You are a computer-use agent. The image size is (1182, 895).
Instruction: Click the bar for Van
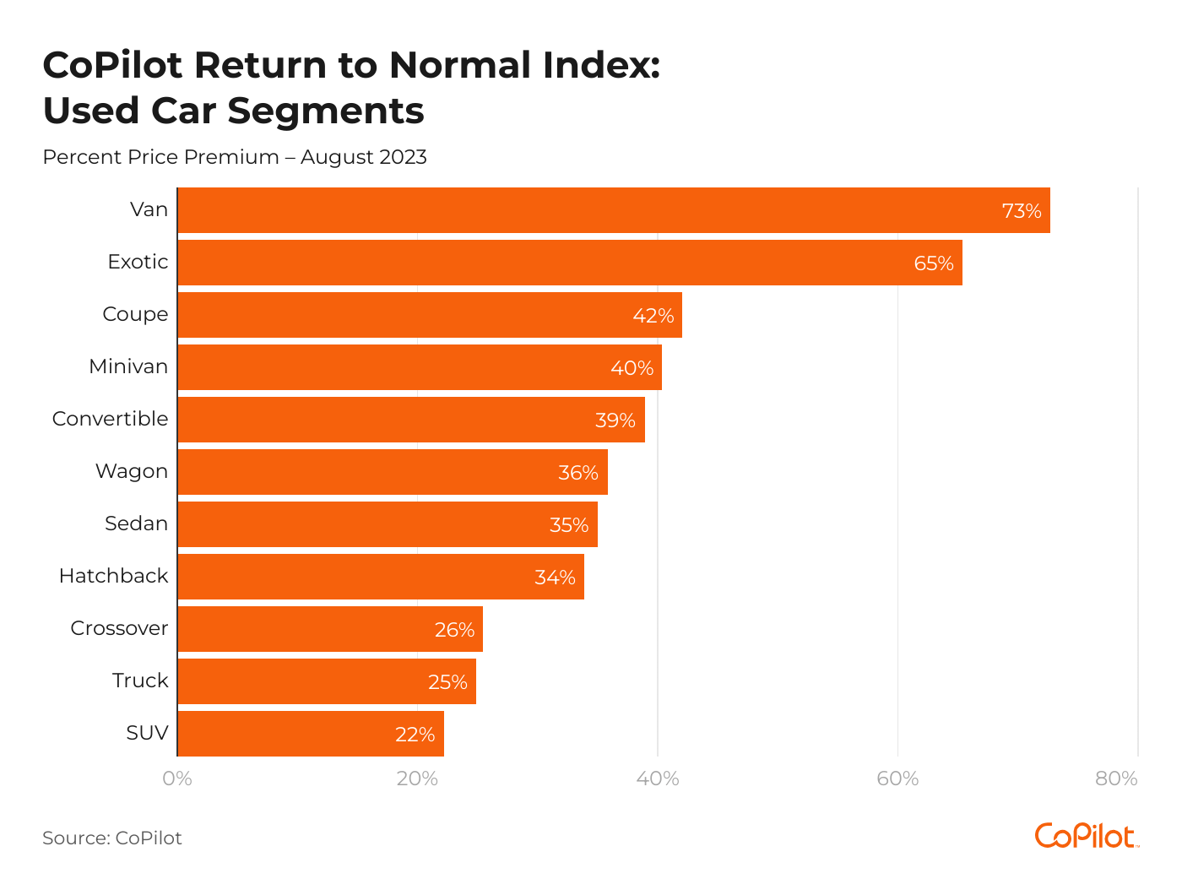click(x=591, y=210)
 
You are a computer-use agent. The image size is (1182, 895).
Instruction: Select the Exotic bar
click(x=549, y=263)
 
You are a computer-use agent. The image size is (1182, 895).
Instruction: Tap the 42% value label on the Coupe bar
click(x=653, y=316)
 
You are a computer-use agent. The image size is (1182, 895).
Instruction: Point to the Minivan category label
click(x=128, y=366)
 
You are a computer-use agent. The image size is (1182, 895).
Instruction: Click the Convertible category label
click(x=111, y=419)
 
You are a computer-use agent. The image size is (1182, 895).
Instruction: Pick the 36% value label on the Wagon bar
click(x=578, y=473)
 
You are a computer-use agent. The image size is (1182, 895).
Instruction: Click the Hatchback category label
click(x=114, y=576)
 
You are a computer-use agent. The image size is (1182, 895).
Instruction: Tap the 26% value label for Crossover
click(x=454, y=630)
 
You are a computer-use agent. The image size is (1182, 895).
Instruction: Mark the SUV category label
click(x=147, y=733)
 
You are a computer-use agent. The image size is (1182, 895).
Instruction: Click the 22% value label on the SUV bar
click(x=415, y=735)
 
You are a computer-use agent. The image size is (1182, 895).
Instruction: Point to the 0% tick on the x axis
click(x=177, y=778)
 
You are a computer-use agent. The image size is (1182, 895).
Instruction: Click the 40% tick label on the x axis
click(x=658, y=778)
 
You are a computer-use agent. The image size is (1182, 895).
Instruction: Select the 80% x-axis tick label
click(x=1116, y=778)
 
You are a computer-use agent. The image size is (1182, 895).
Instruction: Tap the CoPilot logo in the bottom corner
click(x=1087, y=836)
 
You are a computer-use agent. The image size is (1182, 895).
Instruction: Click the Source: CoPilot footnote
click(x=112, y=838)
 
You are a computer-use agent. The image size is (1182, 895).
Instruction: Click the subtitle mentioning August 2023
click(x=235, y=157)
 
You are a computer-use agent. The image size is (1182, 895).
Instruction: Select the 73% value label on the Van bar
click(x=1022, y=211)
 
